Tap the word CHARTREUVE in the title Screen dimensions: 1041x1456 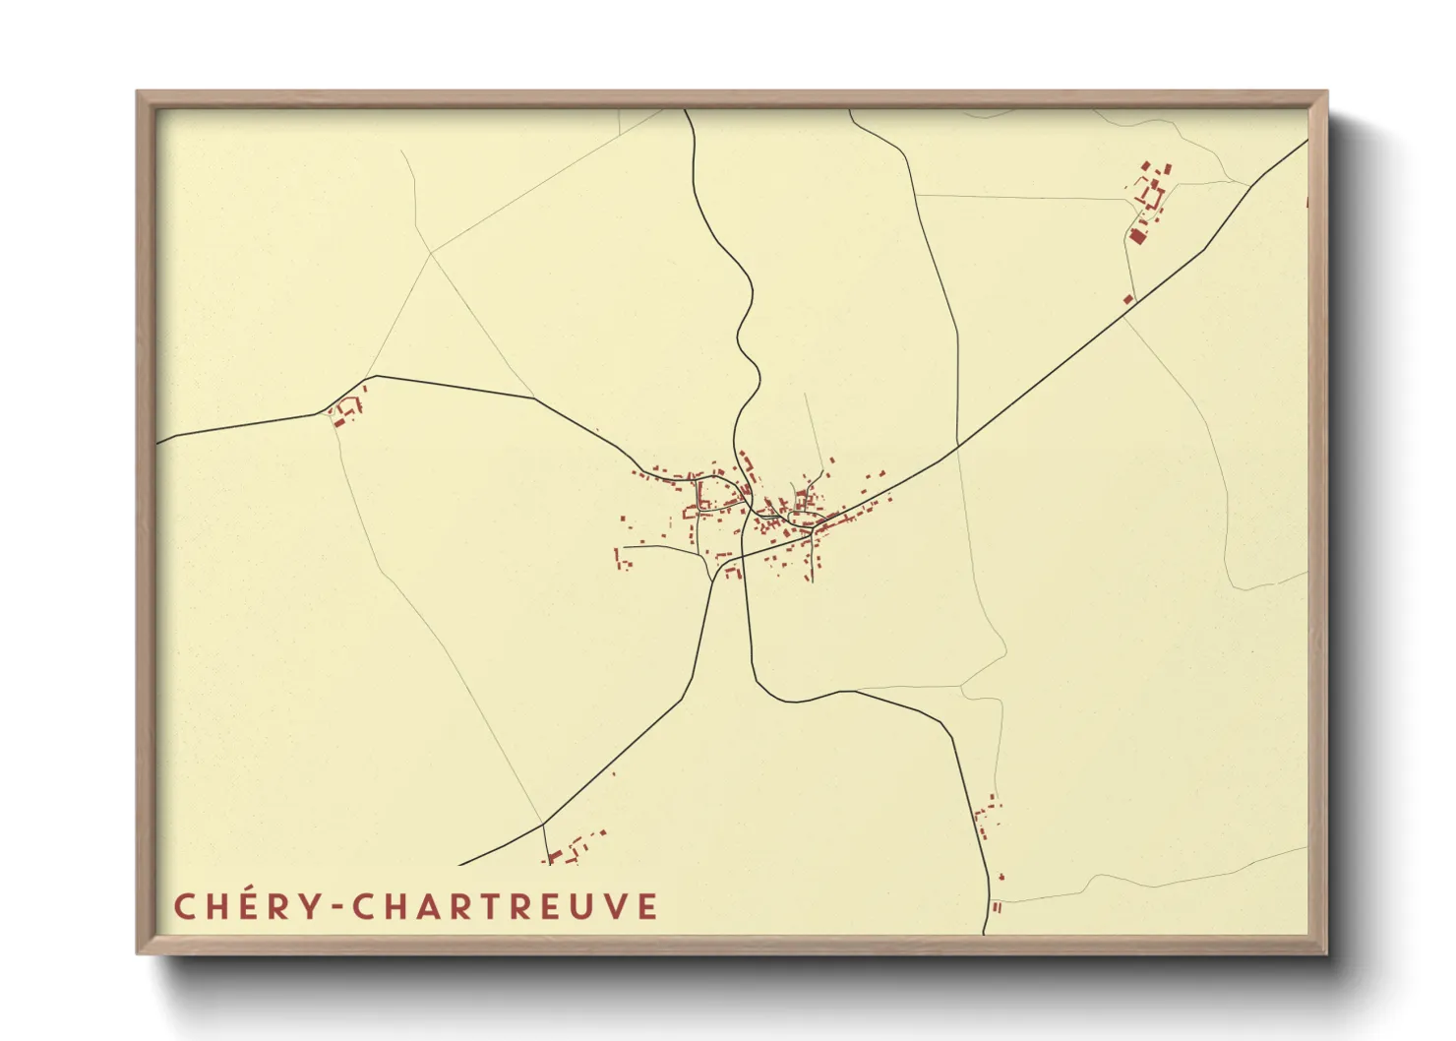click(x=505, y=906)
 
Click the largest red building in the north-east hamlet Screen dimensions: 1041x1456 click(x=1138, y=235)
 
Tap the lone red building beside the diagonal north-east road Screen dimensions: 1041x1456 click(x=1128, y=298)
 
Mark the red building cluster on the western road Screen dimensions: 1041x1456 click(x=345, y=411)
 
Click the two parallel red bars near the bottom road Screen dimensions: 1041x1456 click(x=997, y=907)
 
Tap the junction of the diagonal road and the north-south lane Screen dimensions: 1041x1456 click(x=957, y=447)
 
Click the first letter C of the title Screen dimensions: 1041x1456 click(x=185, y=906)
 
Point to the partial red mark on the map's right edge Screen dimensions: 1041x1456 click(x=1306, y=203)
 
